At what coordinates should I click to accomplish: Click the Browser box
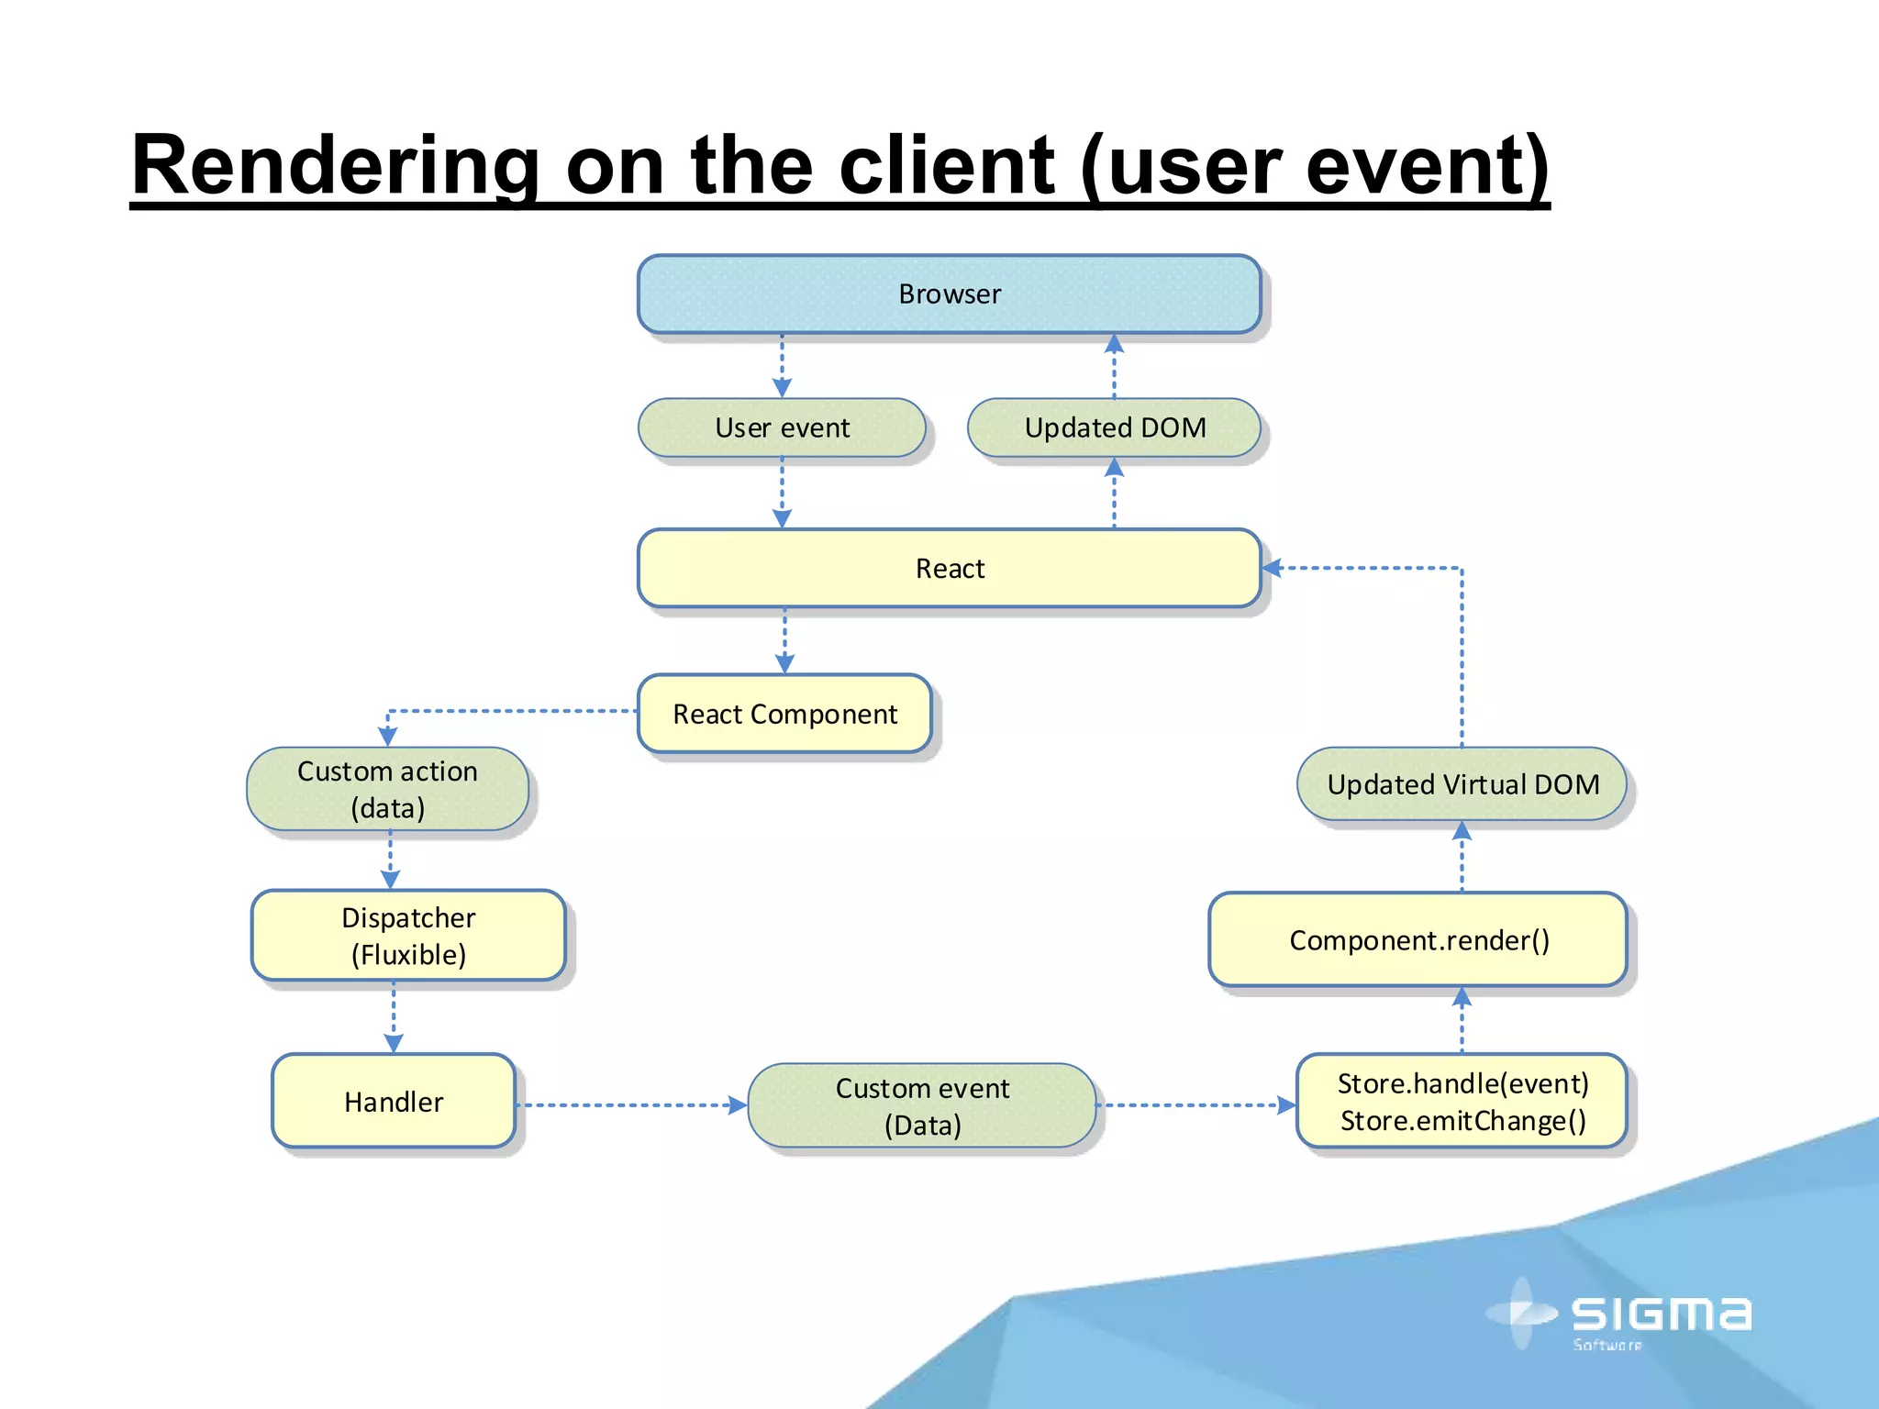[x=949, y=294]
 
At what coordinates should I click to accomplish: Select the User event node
[x=782, y=427]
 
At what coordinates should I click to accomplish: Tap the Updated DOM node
[x=1114, y=427]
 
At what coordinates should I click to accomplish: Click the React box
[x=949, y=568]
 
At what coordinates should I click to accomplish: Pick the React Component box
[x=784, y=714]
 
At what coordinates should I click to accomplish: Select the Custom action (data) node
[x=387, y=789]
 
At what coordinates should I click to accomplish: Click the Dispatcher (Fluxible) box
[x=408, y=936]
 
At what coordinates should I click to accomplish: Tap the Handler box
[x=394, y=1101]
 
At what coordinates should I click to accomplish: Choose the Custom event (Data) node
[x=922, y=1105]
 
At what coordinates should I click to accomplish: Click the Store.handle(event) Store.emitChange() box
[x=1462, y=1101]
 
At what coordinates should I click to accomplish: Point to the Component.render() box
[x=1418, y=939]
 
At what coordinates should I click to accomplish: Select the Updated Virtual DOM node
[x=1462, y=784]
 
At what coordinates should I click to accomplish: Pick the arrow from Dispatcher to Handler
[x=394, y=1016]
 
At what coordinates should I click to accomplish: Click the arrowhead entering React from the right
[x=1273, y=568]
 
